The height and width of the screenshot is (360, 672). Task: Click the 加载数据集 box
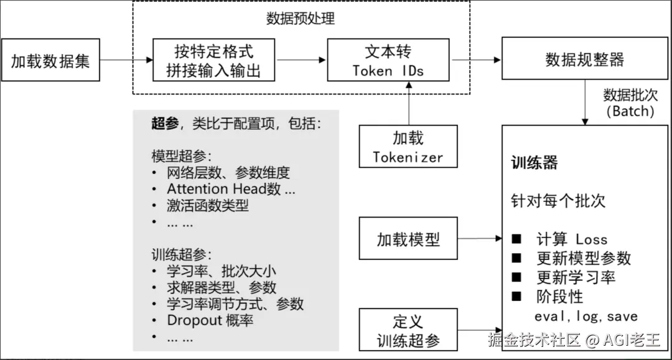(x=50, y=60)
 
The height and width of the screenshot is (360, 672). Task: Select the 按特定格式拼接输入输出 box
(x=214, y=60)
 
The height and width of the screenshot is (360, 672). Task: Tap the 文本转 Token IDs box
(x=388, y=60)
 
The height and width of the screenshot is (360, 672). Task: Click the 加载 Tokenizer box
(x=408, y=147)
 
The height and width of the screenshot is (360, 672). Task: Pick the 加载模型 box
(x=408, y=239)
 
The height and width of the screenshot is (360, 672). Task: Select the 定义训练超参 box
(x=408, y=330)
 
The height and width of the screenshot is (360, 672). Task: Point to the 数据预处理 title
(x=301, y=19)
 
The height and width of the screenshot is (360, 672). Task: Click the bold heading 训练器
(x=534, y=163)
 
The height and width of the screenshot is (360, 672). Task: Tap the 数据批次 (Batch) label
(x=630, y=103)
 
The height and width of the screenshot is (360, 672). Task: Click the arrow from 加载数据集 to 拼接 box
(x=126, y=60)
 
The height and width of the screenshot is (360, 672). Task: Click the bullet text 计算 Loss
(x=572, y=239)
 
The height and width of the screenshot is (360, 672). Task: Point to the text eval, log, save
(x=586, y=316)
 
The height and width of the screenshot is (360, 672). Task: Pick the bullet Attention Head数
(x=230, y=189)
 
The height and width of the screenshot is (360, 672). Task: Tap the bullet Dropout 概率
(x=210, y=321)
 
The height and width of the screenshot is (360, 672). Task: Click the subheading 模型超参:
(x=181, y=155)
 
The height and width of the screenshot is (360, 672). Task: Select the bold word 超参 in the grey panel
(x=165, y=123)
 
